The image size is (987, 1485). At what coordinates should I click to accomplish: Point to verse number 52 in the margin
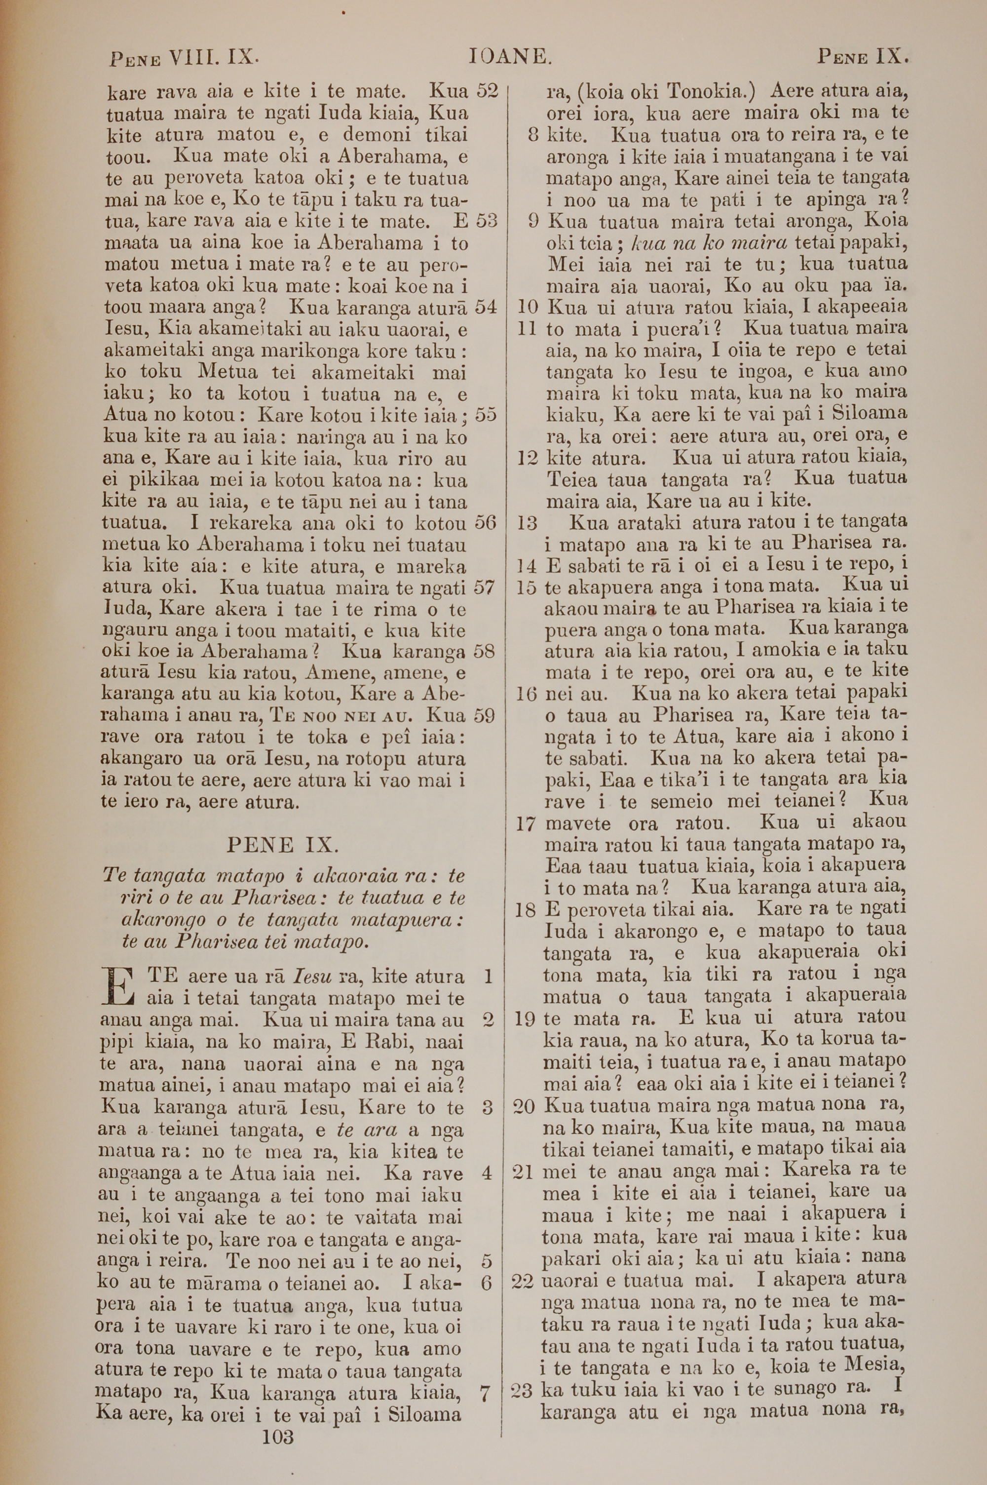[x=487, y=91]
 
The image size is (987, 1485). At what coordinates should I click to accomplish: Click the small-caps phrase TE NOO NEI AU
[x=341, y=716]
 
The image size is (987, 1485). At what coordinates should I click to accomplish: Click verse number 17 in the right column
[x=526, y=824]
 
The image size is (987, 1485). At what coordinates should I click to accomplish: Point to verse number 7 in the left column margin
[x=485, y=1394]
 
